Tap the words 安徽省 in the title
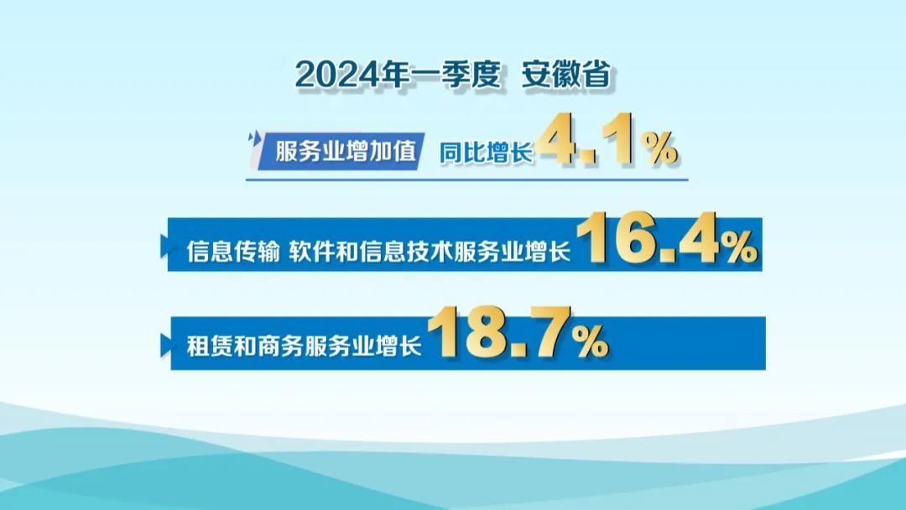(566, 75)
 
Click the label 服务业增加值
(345, 151)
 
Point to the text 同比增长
(486, 153)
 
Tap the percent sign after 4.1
(660, 148)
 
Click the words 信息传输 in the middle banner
(233, 252)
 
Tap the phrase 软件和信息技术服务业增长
(430, 252)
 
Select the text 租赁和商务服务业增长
(304, 346)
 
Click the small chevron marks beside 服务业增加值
(253, 138)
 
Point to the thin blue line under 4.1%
(467, 180)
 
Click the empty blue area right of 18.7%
(688, 343)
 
